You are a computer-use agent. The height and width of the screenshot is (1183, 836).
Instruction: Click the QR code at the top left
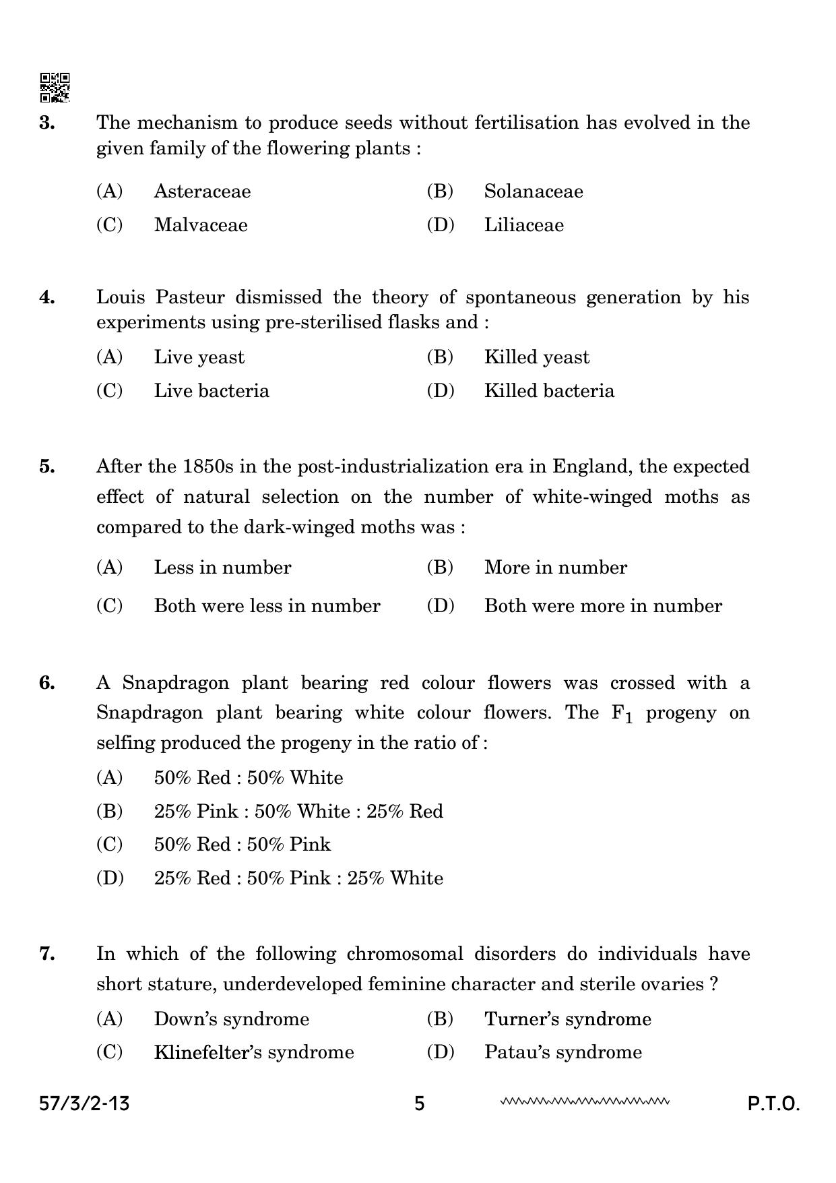click(55, 88)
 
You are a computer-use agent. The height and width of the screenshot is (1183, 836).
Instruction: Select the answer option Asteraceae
click(201, 191)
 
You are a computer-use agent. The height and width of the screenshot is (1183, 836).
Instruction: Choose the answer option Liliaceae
click(523, 225)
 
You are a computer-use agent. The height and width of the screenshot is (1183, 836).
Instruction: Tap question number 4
click(47, 297)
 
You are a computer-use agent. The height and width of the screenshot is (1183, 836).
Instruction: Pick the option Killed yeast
click(536, 357)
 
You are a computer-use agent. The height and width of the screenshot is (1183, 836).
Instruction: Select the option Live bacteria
click(211, 391)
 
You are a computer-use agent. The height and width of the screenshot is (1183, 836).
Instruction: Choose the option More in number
click(555, 568)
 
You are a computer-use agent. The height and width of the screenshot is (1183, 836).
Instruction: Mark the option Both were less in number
click(267, 606)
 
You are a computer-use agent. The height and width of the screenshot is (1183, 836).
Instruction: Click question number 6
click(47, 683)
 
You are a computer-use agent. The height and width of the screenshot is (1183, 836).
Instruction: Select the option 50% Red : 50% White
click(248, 778)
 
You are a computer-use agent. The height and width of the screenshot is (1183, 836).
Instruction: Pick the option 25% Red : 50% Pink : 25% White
click(298, 878)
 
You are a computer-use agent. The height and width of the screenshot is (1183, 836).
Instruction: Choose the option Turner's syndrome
click(567, 1019)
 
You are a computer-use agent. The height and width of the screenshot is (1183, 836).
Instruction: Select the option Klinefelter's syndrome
click(253, 1052)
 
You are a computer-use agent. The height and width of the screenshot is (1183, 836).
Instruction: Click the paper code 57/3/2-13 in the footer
click(84, 1104)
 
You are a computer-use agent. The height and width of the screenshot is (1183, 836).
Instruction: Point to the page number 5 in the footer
click(420, 1104)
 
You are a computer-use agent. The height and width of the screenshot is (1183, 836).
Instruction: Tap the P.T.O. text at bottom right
click(773, 1104)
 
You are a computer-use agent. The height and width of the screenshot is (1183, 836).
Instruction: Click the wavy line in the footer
click(585, 1102)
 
